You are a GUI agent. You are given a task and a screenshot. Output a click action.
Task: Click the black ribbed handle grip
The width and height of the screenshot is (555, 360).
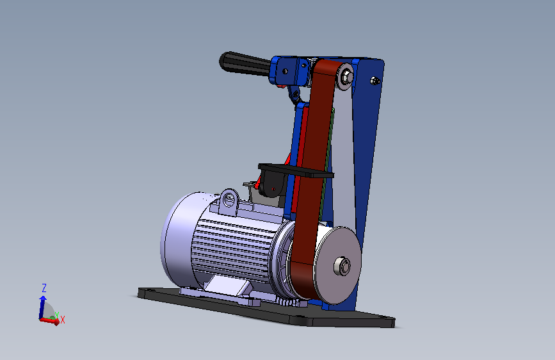[245, 63]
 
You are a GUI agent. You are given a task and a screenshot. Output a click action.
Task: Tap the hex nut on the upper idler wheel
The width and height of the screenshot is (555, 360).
[347, 76]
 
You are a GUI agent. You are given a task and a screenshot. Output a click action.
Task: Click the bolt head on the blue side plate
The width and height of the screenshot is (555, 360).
[374, 81]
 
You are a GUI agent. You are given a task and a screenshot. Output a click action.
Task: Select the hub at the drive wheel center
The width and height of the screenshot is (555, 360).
[342, 266]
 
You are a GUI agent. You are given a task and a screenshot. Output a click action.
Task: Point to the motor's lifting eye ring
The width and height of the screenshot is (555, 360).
[229, 202]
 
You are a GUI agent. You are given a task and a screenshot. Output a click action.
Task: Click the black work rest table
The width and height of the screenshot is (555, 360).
[296, 170]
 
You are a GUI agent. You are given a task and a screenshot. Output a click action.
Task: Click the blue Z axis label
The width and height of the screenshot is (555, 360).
[44, 288]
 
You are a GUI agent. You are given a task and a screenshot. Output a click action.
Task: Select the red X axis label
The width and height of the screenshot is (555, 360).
[63, 320]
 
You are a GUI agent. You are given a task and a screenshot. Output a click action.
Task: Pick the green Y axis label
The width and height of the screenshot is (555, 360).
[56, 315]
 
